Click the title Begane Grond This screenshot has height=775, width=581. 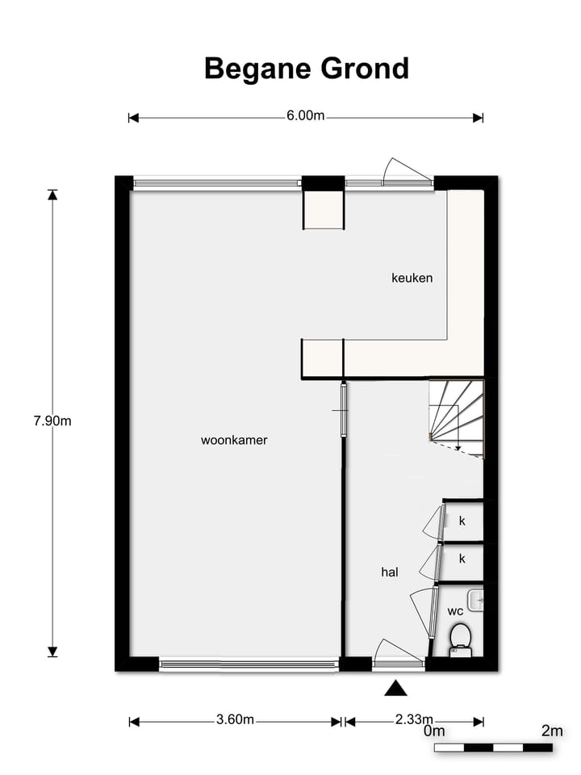click(x=307, y=69)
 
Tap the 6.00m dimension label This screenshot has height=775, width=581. click(x=305, y=115)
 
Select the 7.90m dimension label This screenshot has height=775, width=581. click(x=52, y=421)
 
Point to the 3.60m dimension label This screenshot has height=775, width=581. click(x=236, y=720)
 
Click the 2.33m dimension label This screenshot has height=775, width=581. click(x=413, y=720)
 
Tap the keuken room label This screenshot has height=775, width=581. click(x=412, y=278)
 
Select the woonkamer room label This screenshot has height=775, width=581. click(x=234, y=440)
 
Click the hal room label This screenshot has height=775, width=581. click(x=391, y=572)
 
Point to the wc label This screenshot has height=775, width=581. click(x=455, y=610)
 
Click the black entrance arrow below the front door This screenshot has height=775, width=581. click(x=395, y=688)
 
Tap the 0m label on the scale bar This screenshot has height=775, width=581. click(x=435, y=731)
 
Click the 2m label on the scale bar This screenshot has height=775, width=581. click(x=552, y=731)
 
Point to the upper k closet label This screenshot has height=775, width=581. click(x=462, y=521)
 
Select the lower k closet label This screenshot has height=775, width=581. click(x=462, y=558)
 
